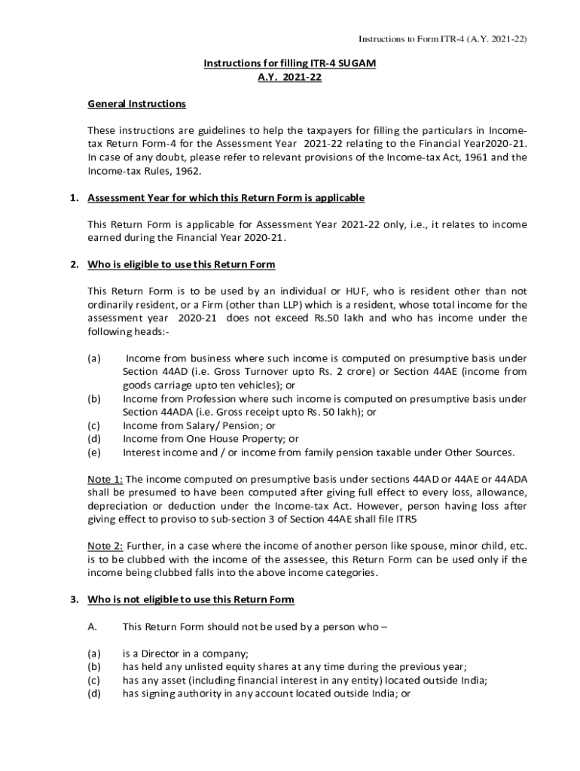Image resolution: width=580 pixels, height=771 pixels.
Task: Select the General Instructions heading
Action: (x=136, y=103)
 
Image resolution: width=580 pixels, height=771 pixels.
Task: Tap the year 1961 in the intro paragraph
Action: (x=470, y=157)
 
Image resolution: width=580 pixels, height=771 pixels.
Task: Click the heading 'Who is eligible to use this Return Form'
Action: (x=182, y=264)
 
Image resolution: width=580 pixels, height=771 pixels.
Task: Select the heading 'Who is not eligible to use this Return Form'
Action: (x=191, y=599)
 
